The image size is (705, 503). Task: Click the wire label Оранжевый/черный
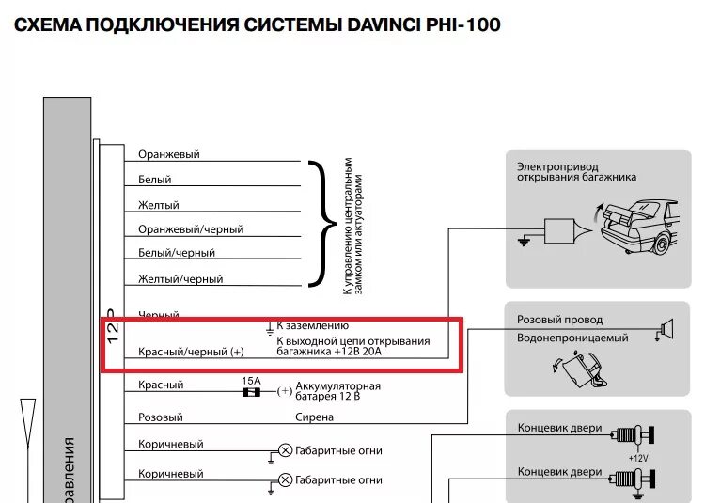click(191, 229)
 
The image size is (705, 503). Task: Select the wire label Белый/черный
click(177, 253)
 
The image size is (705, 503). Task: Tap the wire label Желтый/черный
click(180, 279)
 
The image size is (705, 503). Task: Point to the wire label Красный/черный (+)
click(191, 352)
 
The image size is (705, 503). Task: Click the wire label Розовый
click(161, 417)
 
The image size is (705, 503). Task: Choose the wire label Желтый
click(159, 205)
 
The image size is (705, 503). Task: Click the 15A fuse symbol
click(252, 392)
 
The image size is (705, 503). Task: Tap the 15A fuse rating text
click(252, 380)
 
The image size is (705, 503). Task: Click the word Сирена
click(315, 417)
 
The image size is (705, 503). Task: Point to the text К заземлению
click(312, 325)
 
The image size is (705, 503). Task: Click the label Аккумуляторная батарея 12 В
click(337, 391)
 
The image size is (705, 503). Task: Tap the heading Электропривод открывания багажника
click(576, 171)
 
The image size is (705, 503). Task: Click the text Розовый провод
click(560, 320)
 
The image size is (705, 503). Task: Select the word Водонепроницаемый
click(572, 338)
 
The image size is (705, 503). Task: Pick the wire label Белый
click(155, 180)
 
